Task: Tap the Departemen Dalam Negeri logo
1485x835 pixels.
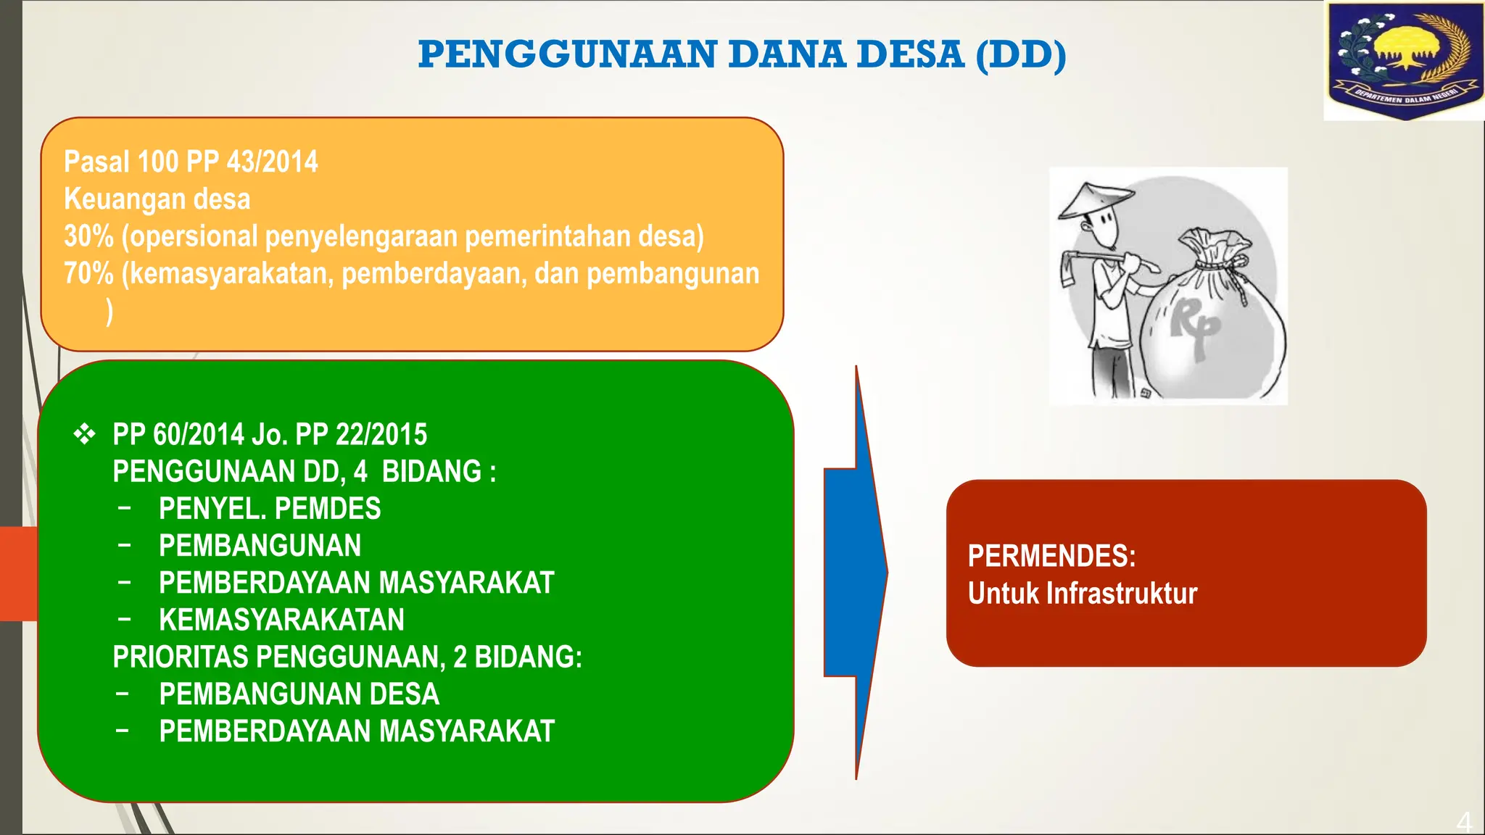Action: (x=1403, y=61)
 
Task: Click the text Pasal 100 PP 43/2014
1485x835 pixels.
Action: (x=191, y=162)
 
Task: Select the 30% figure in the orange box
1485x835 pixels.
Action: (x=88, y=236)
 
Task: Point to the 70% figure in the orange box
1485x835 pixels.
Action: (x=88, y=274)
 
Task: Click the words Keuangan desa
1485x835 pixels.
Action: (x=157, y=199)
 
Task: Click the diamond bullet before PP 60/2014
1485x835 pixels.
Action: (x=84, y=434)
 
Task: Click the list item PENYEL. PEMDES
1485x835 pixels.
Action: (x=269, y=509)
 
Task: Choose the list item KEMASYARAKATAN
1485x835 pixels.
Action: (x=281, y=620)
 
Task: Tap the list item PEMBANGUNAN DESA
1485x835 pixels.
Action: (x=299, y=694)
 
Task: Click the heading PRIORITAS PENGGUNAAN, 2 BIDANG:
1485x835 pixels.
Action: (x=347, y=657)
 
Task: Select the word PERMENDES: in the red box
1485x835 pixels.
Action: (x=1051, y=557)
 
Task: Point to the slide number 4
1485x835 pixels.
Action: (x=1464, y=822)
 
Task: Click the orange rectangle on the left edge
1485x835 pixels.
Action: (x=18, y=573)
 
